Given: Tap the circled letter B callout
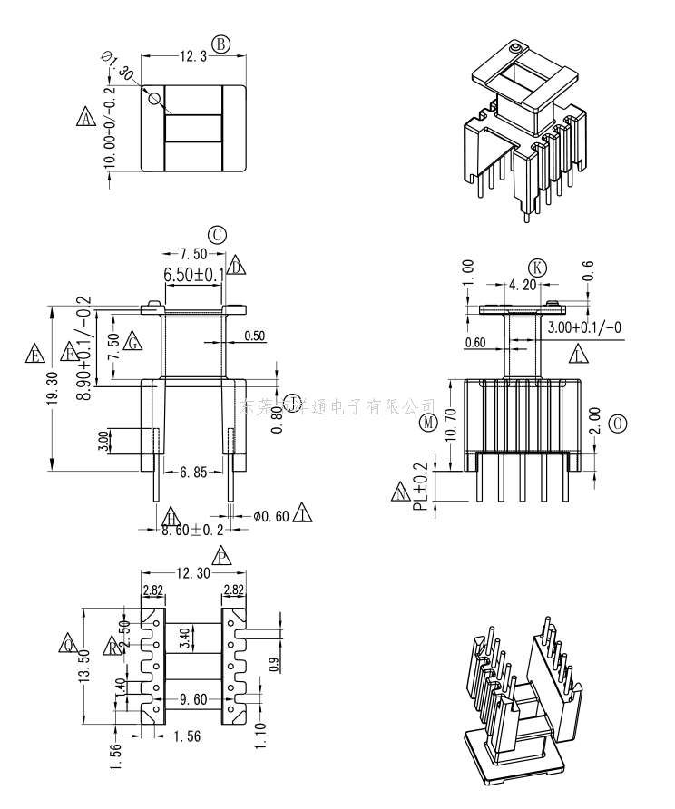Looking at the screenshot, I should [x=221, y=44].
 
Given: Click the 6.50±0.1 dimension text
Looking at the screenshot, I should [x=194, y=275].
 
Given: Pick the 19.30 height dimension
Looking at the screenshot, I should [x=52, y=391].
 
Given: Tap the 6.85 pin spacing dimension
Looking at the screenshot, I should [x=195, y=473].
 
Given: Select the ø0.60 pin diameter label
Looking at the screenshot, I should [x=271, y=516].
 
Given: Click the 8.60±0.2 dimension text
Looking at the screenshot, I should [x=192, y=530].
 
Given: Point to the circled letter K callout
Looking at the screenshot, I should [x=537, y=268].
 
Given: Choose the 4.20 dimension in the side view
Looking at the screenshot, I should [x=522, y=285].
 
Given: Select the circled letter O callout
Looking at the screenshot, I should [x=618, y=424].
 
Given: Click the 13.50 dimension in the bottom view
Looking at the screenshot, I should [x=83, y=666].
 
